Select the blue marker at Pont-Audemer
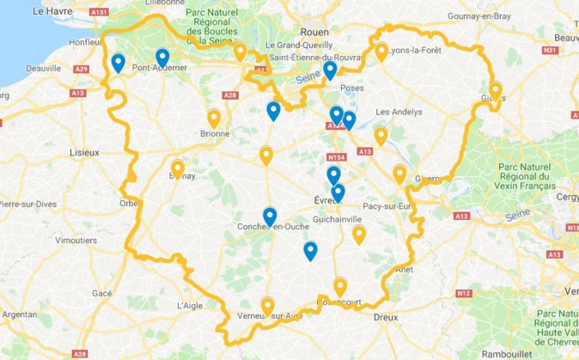click(162, 58)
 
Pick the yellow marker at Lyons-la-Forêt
click(381, 52)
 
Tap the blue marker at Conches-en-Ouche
click(270, 217)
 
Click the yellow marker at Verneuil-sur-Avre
click(267, 306)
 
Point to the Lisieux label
click(84, 152)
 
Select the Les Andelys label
click(395, 112)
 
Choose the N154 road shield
click(337, 158)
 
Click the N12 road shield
click(464, 294)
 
